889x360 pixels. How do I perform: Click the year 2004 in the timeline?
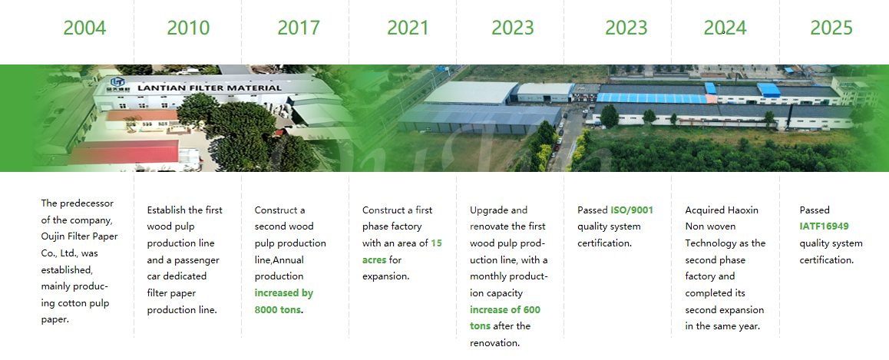click(84, 28)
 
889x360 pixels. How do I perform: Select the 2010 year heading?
click(188, 28)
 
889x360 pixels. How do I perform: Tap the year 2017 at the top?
click(299, 28)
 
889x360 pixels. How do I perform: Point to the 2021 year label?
click(408, 28)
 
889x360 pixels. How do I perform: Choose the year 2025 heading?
click(831, 28)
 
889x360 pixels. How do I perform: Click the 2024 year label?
click(725, 28)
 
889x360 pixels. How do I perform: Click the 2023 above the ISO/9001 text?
click(626, 28)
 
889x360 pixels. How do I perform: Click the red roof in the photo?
click(124, 152)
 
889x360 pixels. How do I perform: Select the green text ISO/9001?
click(632, 210)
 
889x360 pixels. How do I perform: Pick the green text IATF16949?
click(825, 226)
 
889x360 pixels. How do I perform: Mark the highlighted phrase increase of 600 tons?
click(505, 318)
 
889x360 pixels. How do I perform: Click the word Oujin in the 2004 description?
click(53, 236)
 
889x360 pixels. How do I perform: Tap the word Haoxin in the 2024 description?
click(742, 210)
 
